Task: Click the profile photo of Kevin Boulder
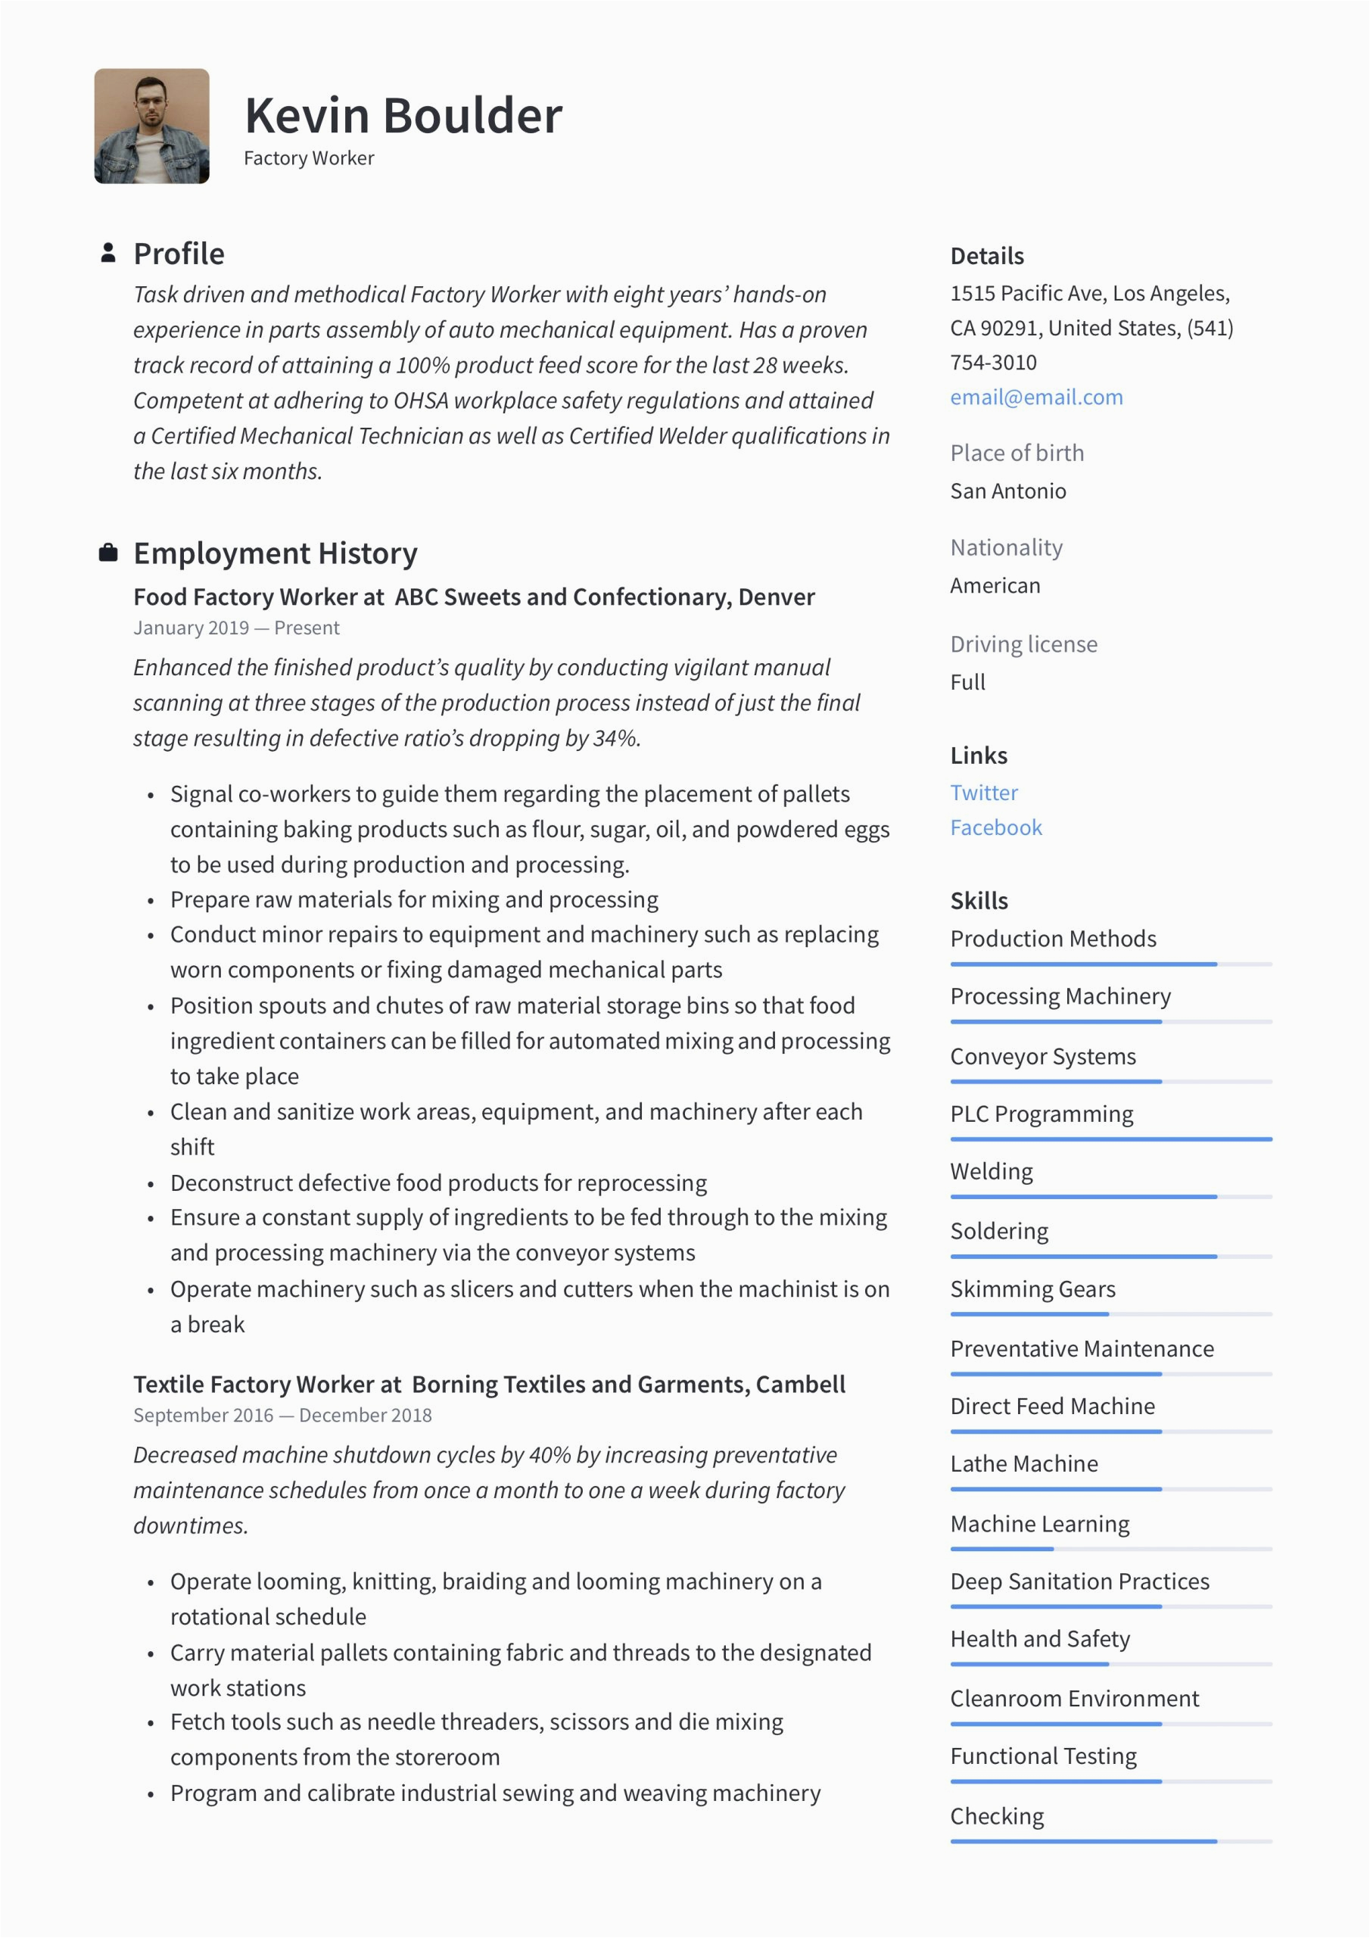(x=151, y=126)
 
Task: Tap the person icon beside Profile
(x=108, y=252)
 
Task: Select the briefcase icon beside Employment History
(x=108, y=553)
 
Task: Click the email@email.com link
(x=1035, y=397)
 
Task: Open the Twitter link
(x=983, y=793)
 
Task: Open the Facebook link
(x=995, y=828)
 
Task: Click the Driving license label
(x=1023, y=644)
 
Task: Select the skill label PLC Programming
(x=1041, y=1114)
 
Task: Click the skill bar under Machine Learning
(x=1110, y=1549)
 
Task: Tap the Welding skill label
(x=991, y=1172)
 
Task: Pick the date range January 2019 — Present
(x=235, y=628)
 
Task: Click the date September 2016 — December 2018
(x=282, y=1416)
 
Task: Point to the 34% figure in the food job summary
(x=615, y=739)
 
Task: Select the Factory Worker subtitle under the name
(x=308, y=159)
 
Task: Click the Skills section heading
(x=979, y=901)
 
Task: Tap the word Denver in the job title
(x=776, y=597)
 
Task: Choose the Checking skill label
(x=996, y=1815)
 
